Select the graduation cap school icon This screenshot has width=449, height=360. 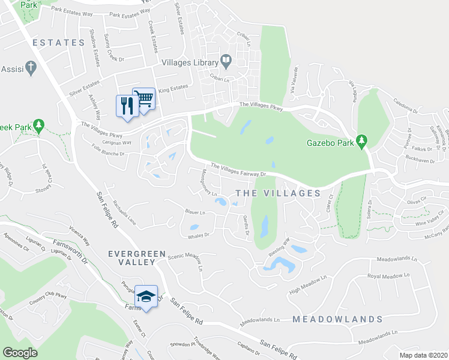[x=146, y=296]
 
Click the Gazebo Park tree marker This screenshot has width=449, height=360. [x=361, y=142]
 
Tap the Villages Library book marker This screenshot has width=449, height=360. [x=226, y=60]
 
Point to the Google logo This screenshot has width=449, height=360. [x=20, y=353]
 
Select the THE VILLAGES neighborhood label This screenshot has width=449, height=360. [x=278, y=193]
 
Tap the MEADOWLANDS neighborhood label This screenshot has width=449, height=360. [x=338, y=319]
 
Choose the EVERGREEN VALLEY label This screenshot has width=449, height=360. [x=136, y=260]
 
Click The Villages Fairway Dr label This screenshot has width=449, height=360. [x=238, y=170]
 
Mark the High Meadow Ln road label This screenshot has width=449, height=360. [x=307, y=284]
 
